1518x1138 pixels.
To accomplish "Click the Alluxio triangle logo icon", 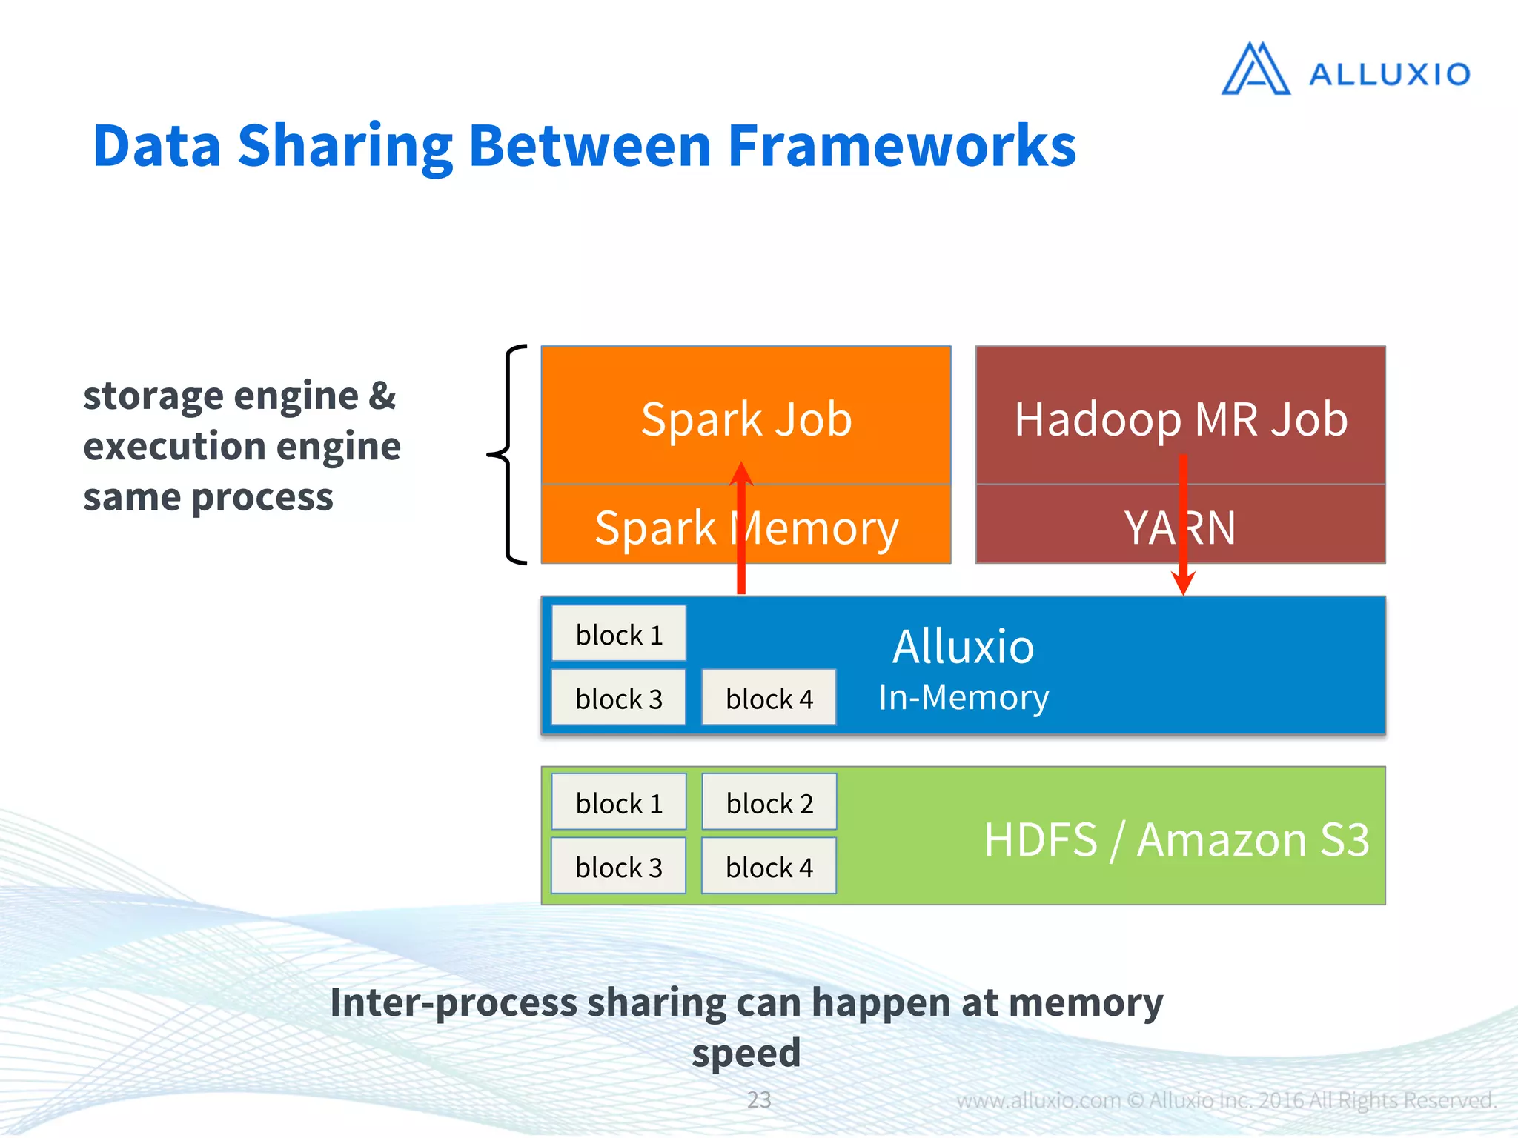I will (x=1256, y=70).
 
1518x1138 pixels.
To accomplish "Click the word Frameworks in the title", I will (x=901, y=146).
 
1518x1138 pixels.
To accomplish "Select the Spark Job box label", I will (x=746, y=419).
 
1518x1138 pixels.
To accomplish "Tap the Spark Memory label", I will (x=746, y=528).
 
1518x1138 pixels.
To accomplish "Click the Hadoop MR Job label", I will (x=1180, y=419).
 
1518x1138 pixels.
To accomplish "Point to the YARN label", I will (x=1180, y=528).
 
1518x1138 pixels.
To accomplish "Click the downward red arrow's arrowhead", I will (x=1183, y=584).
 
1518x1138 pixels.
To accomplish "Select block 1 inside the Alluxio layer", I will (x=619, y=635).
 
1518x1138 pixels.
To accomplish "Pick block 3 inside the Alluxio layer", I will (x=619, y=699).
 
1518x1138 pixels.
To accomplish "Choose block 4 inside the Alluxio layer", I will (x=769, y=699).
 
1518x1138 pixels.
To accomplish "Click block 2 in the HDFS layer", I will (x=769, y=803).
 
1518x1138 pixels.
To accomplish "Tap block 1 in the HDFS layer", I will (x=619, y=803).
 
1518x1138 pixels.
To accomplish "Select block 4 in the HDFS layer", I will (x=769, y=867).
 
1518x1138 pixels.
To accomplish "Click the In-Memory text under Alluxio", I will (x=963, y=698).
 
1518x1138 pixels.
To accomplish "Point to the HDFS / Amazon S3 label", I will (x=1176, y=839).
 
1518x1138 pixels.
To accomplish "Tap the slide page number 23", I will (x=758, y=1099).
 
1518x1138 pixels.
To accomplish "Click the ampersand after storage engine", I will (x=382, y=396).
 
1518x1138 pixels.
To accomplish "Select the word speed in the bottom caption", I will (x=746, y=1053).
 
